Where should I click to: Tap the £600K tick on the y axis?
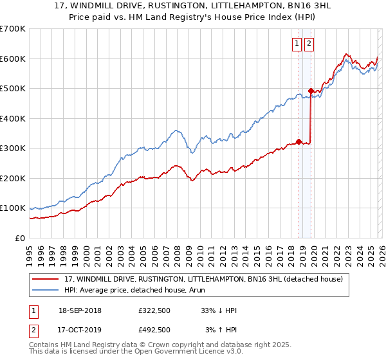(13, 59)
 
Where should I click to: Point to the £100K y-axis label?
(13, 208)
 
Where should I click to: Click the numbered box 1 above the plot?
(297, 44)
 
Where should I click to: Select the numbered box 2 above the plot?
(309, 44)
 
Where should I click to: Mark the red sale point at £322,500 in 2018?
(299, 141)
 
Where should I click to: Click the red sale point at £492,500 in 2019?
(311, 91)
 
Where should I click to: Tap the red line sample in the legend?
(46, 279)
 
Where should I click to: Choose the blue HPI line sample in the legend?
(46, 291)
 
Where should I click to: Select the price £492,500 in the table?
(154, 330)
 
